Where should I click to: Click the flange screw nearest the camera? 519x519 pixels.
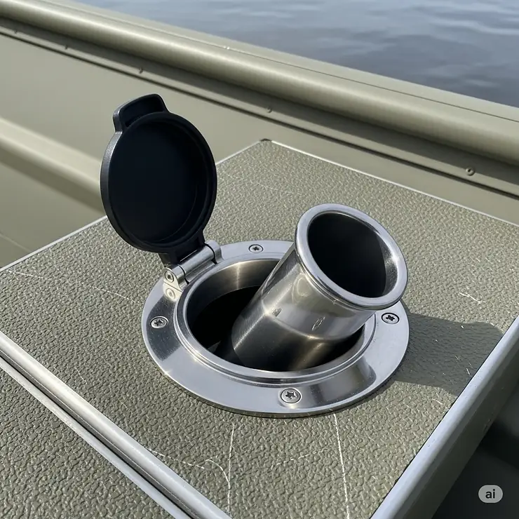point(290,396)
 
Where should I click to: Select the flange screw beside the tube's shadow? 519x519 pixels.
point(389,318)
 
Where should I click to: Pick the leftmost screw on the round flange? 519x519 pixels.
point(159,322)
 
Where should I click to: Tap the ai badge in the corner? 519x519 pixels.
point(490,494)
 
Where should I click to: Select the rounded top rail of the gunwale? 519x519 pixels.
point(281,67)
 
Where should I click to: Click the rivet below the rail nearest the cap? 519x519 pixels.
point(269,110)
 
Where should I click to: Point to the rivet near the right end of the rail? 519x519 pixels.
point(469,170)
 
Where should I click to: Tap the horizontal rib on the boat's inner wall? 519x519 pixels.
point(42,151)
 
